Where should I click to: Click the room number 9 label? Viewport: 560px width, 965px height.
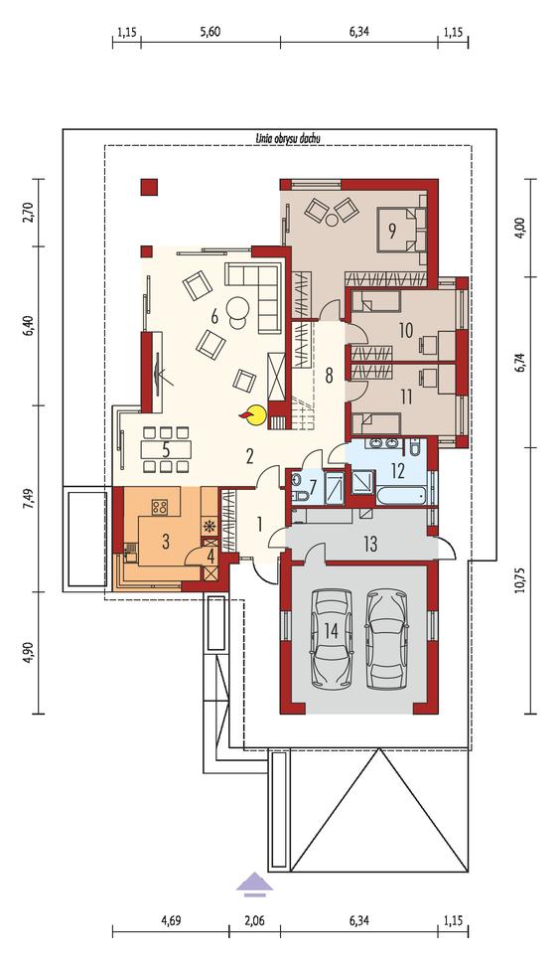tap(391, 230)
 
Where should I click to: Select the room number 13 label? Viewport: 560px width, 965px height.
tap(370, 544)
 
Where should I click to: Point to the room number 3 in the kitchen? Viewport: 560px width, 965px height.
tap(166, 542)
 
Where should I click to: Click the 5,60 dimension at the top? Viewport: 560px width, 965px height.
tap(210, 32)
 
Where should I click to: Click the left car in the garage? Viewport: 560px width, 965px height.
tap(332, 639)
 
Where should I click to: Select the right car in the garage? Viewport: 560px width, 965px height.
tap(387, 639)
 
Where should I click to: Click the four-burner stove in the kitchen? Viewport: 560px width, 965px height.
tap(160, 506)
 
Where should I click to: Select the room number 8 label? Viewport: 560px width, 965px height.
tap(330, 376)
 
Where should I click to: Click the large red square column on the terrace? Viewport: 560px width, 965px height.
tap(149, 187)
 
